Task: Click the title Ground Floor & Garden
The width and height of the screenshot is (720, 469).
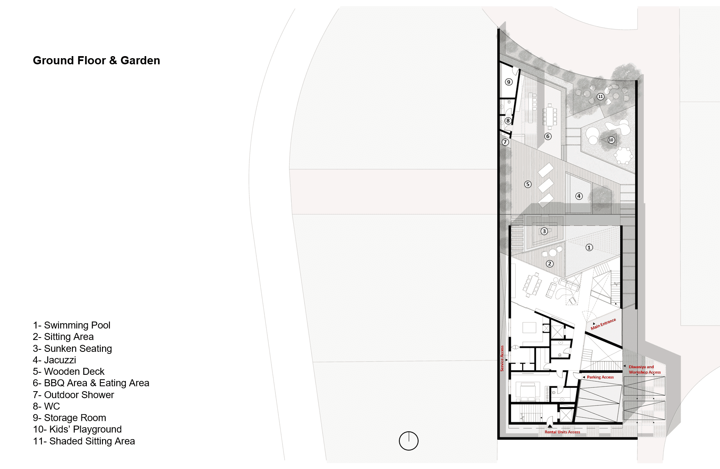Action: click(96, 61)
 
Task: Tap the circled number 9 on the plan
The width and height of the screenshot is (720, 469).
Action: click(509, 82)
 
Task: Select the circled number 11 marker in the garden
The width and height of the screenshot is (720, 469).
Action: click(600, 97)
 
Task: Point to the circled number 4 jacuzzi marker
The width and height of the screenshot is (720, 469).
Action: click(579, 196)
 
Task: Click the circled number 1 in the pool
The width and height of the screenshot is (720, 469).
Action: click(589, 247)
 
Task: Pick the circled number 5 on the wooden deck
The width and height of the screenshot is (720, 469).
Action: click(528, 184)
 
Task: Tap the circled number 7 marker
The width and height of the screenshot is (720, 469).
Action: click(505, 142)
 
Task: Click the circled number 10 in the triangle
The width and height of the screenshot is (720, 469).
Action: click(611, 140)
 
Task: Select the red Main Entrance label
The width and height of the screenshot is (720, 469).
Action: click(603, 324)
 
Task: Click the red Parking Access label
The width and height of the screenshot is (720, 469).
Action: click(600, 377)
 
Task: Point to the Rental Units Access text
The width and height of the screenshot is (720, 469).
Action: click(562, 432)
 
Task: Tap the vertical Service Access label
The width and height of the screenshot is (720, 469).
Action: click(502, 358)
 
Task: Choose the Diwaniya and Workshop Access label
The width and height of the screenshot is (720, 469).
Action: click(645, 369)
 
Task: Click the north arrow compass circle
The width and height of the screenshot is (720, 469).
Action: click(409, 441)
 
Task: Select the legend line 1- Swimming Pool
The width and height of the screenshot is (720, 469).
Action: click(72, 325)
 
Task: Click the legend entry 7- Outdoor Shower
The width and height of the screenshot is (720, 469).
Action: click(73, 395)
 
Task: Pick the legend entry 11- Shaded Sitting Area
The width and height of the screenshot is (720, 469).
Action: click(84, 441)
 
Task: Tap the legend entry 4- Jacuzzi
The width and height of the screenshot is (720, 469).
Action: click(54, 360)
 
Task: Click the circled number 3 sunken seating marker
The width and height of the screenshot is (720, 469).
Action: click(544, 231)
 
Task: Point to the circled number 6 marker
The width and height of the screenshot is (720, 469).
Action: click(548, 136)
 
